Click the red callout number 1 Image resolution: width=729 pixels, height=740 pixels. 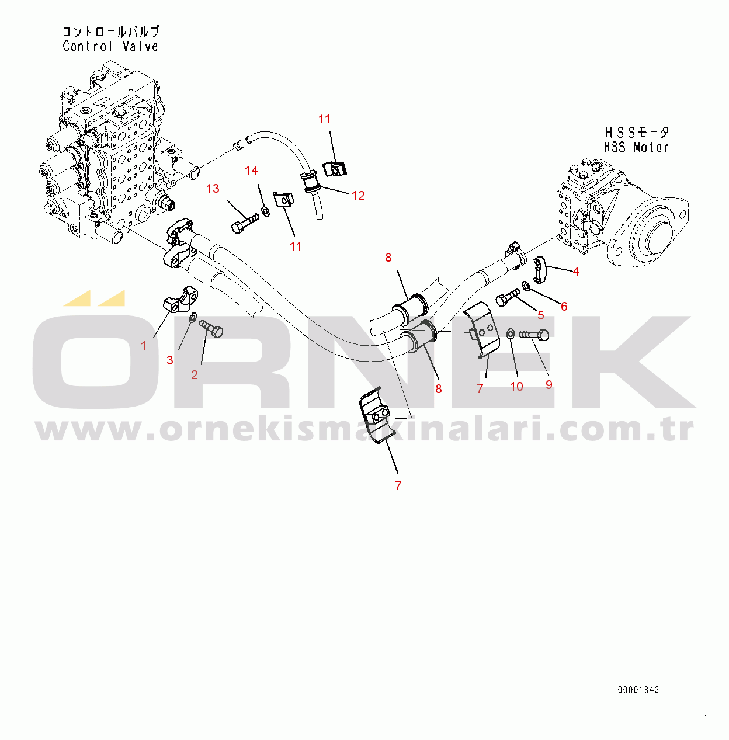(144, 346)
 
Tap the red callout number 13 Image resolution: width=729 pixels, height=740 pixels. (213, 189)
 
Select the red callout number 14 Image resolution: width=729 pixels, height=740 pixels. (251, 171)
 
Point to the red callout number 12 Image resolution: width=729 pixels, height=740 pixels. (358, 196)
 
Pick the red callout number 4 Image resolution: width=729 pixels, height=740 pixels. (576, 272)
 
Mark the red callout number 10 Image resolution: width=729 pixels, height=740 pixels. (516, 387)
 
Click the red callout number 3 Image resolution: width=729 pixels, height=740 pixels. (170, 360)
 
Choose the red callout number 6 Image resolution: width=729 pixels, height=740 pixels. (564, 307)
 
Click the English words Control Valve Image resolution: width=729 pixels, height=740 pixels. (110, 47)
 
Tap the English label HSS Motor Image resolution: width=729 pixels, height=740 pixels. (636, 147)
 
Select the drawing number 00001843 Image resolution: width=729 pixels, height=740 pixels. (638, 690)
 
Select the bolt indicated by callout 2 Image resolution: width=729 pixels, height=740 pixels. (211, 328)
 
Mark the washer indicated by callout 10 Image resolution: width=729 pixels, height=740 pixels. (510, 333)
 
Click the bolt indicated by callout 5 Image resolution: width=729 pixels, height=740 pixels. (507, 297)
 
